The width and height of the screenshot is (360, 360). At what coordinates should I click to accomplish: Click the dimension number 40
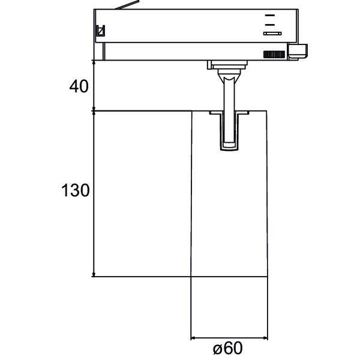click(79, 86)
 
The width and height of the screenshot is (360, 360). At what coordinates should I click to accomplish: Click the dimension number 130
click(76, 191)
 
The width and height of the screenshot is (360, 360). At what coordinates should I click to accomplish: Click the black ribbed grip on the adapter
click(274, 55)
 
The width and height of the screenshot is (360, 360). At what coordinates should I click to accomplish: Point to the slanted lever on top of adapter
click(127, 6)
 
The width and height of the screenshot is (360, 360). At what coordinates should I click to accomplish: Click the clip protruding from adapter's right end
click(298, 52)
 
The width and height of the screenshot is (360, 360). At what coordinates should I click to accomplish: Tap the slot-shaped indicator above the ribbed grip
click(273, 34)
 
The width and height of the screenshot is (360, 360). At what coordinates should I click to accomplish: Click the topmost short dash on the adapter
click(271, 14)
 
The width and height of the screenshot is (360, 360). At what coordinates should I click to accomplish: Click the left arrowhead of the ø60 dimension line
click(193, 337)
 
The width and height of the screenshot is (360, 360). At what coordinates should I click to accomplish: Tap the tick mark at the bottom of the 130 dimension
click(94, 277)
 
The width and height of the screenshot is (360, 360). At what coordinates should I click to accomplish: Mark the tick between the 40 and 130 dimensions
click(94, 111)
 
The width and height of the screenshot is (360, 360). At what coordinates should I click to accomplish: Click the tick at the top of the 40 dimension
click(94, 61)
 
